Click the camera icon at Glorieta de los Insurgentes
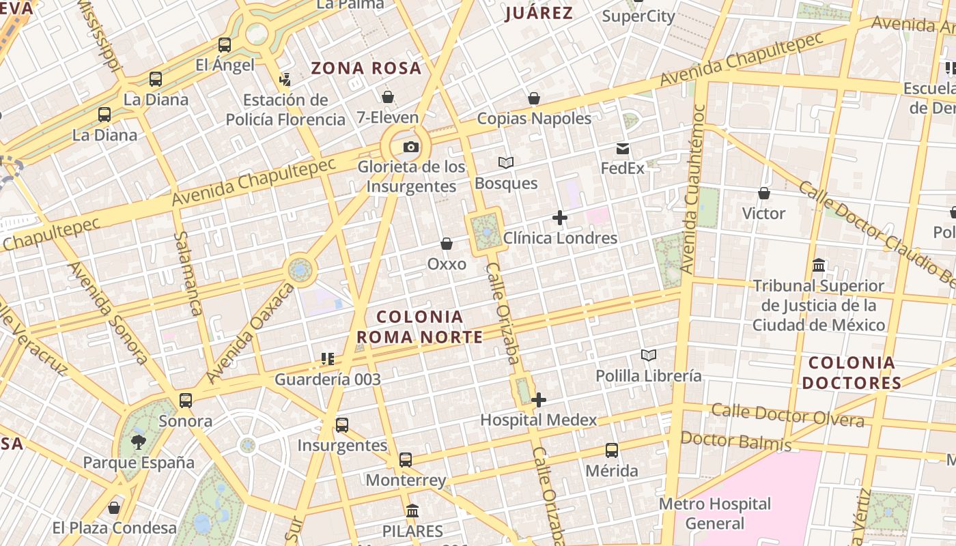click(410, 147)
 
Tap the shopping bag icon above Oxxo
click(447, 244)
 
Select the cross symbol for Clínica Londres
click(560, 218)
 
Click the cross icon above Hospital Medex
click(539, 400)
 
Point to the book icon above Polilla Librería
click(648, 355)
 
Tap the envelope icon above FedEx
click(623, 148)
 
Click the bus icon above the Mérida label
click(612, 450)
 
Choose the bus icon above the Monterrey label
click(406, 460)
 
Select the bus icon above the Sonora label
click(186, 401)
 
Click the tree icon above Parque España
click(139, 442)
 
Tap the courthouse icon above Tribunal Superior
click(819, 265)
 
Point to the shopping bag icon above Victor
click(764, 193)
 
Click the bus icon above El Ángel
click(225, 46)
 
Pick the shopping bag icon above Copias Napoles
click(534, 98)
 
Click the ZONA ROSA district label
click(366, 68)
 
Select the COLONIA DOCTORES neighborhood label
click(852, 373)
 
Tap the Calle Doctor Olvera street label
click(787, 415)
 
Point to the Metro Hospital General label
click(715, 514)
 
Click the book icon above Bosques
click(506, 162)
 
